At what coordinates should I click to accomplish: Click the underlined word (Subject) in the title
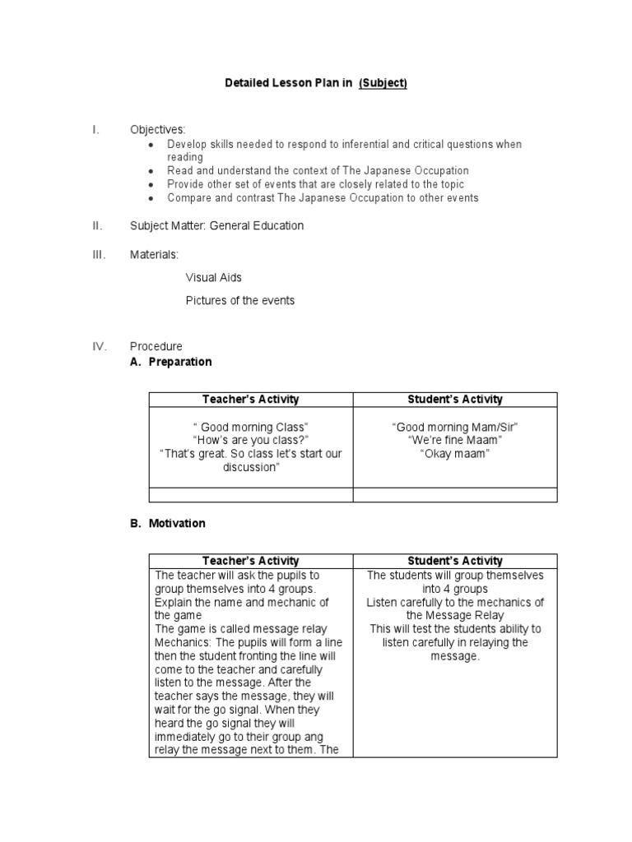(383, 83)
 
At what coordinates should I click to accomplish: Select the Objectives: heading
(157, 130)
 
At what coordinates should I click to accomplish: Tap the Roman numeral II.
(96, 225)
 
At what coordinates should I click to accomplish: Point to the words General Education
(256, 225)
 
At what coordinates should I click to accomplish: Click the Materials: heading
(154, 255)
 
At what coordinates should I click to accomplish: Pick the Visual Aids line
(213, 278)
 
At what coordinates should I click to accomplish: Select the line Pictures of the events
(239, 301)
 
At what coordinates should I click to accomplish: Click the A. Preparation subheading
(170, 362)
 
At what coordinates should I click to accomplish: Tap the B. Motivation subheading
(168, 523)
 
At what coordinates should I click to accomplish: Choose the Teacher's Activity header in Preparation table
(250, 400)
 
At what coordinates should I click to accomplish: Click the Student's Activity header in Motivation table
(454, 561)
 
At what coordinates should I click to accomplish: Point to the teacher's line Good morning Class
(250, 427)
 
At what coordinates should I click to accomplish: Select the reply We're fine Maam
(454, 440)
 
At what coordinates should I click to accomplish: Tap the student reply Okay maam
(454, 453)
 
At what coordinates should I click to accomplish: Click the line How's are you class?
(250, 440)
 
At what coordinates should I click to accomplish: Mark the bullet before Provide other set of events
(150, 185)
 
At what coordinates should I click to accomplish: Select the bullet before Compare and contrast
(150, 199)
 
